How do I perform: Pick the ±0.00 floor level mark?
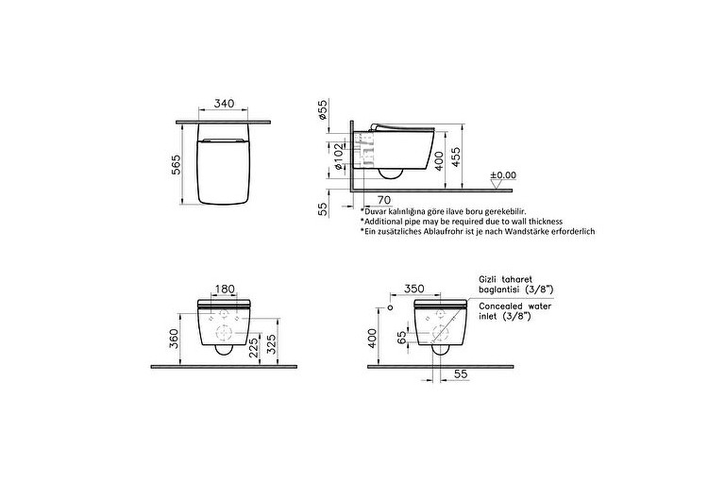(503, 175)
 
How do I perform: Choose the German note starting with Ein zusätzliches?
(477, 231)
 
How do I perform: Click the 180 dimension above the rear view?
(226, 290)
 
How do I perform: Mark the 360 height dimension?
(174, 337)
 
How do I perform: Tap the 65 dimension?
(401, 338)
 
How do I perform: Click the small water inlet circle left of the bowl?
(390, 307)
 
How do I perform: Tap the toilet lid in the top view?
(224, 171)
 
